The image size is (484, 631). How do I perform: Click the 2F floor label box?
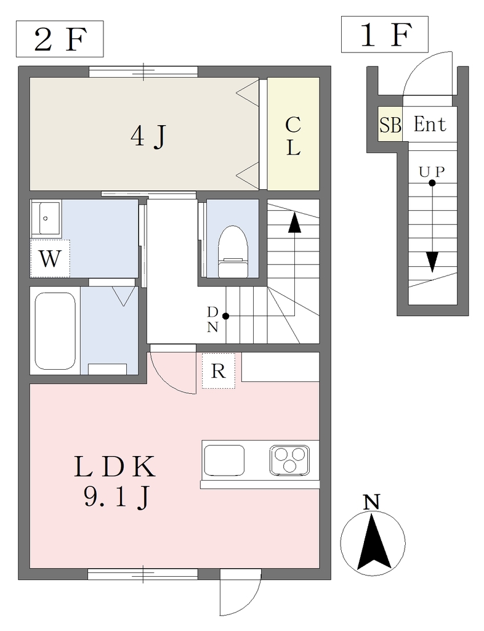pyautogui.click(x=60, y=39)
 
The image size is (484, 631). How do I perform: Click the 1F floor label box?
pyautogui.click(x=385, y=35)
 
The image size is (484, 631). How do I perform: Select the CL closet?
pyautogui.click(x=294, y=134)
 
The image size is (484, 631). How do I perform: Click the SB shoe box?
pyautogui.click(x=390, y=124)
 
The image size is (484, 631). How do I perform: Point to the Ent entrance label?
pyautogui.click(x=430, y=124)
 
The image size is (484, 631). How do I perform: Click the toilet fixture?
pyautogui.click(x=232, y=251)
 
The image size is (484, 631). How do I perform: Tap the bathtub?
pyautogui.click(x=55, y=330)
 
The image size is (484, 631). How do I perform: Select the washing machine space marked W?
pyautogui.click(x=50, y=258)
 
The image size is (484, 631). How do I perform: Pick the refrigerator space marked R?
pyautogui.click(x=218, y=370)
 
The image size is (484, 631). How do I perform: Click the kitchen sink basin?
pyautogui.click(x=224, y=460)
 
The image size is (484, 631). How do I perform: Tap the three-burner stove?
pyautogui.click(x=289, y=460)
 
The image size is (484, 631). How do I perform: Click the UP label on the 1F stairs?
pyautogui.click(x=432, y=173)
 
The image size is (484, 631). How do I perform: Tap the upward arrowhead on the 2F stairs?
pyautogui.click(x=295, y=222)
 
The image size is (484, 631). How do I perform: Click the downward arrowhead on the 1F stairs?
pyautogui.click(x=432, y=262)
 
